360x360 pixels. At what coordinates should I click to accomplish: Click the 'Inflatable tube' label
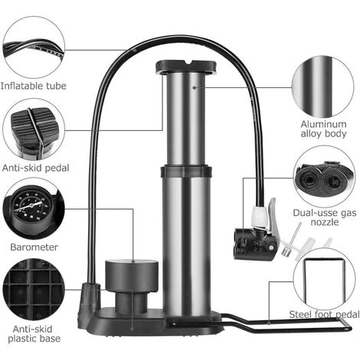tap(34, 86)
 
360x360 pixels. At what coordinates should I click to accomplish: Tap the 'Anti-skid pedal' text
tap(36, 168)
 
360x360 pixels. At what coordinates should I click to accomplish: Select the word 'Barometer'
tap(34, 247)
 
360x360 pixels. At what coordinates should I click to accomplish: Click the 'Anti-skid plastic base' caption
tap(34, 333)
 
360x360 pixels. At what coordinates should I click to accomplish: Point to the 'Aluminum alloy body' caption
tap(323, 129)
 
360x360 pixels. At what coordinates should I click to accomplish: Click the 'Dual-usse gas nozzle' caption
tap(325, 217)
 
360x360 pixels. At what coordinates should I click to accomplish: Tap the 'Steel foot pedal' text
tap(324, 314)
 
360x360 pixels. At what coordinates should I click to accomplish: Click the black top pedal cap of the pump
tap(187, 67)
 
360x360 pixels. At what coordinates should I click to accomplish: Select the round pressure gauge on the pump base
tap(131, 275)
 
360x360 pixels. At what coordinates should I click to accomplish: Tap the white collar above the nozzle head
tap(258, 217)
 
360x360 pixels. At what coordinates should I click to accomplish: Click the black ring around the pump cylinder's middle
tap(186, 172)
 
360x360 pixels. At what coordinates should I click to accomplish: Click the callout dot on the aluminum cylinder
tap(194, 87)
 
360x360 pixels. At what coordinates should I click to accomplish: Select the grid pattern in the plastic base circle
tap(34, 288)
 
